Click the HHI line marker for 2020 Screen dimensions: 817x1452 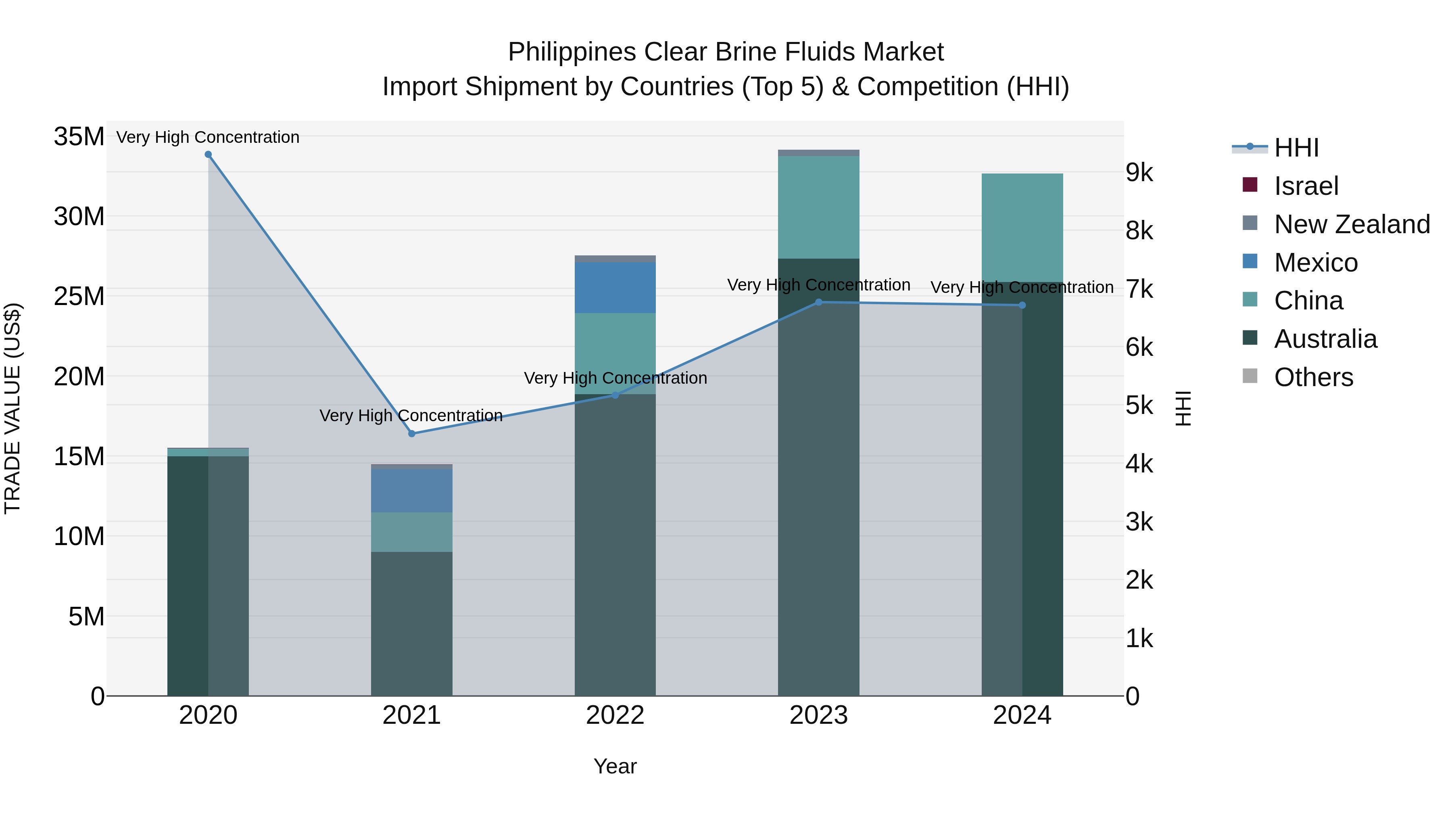(208, 155)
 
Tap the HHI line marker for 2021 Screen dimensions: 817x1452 (411, 434)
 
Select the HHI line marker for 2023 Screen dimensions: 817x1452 (818, 302)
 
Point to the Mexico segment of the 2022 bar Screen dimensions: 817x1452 (615, 288)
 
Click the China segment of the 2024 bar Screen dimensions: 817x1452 (1022, 228)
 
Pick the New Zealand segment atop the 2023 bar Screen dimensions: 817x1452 (818, 153)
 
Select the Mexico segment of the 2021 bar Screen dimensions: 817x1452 (411, 491)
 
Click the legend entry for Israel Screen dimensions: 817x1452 (1306, 186)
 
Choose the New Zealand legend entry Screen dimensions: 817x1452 (1352, 224)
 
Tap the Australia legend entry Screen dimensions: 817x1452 (1325, 339)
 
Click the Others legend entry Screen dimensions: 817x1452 (1313, 377)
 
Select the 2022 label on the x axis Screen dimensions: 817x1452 (615, 715)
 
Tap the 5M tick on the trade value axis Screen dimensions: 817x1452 (86, 616)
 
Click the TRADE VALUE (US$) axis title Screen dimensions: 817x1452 (13, 408)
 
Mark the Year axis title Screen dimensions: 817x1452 (615, 766)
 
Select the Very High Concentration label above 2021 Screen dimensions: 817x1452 (411, 416)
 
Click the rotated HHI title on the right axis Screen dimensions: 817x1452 (1183, 408)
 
